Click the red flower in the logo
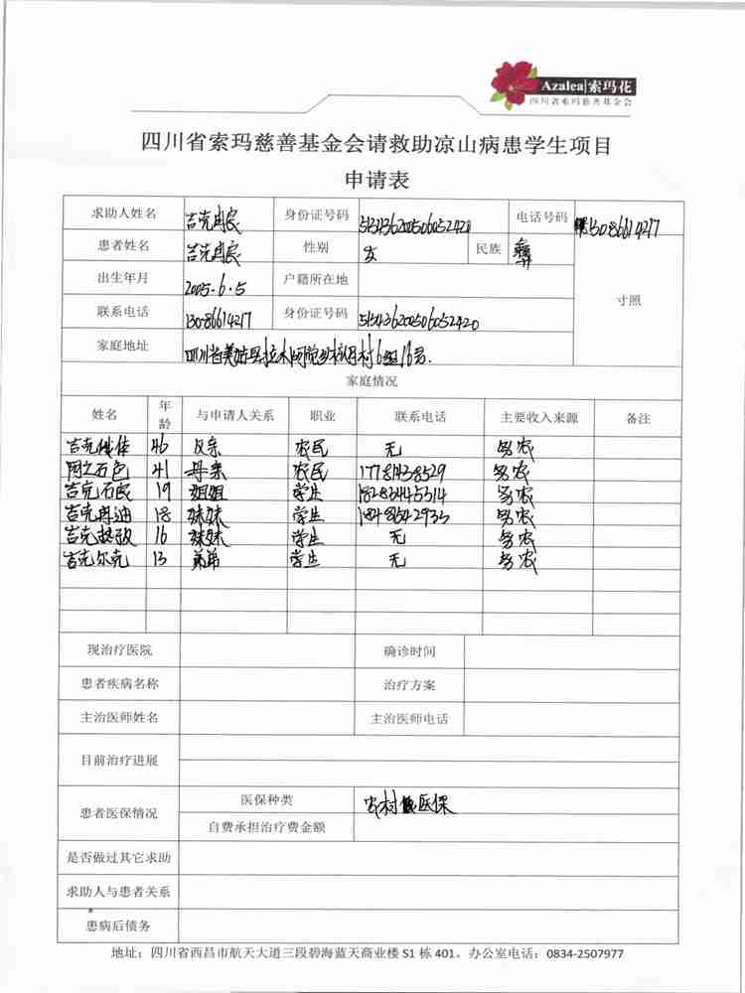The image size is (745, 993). click(513, 83)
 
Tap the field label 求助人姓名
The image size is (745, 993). click(123, 213)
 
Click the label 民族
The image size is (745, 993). click(489, 248)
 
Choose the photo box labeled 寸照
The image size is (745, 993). click(628, 298)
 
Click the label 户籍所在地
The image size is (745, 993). click(316, 279)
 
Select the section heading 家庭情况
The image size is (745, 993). click(372, 380)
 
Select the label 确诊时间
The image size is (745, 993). click(409, 651)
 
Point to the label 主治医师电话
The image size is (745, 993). click(409, 718)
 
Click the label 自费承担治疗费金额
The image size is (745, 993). click(267, 826)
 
